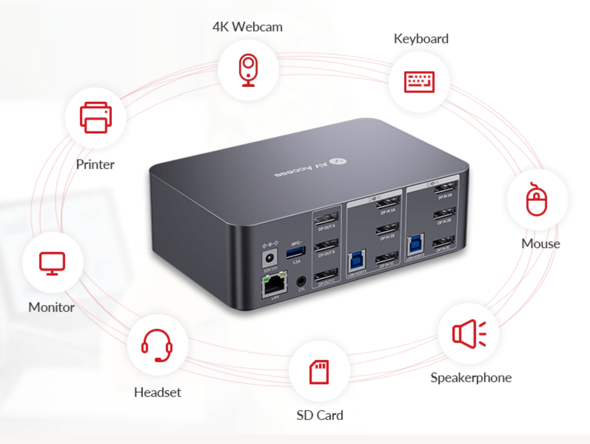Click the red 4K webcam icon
click(x=248, y=70)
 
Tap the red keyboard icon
click(x=419, y=82)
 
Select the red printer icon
click(x=96, y=117)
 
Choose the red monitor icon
click(x=52, y=263)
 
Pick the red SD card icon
click(x=319, y=372)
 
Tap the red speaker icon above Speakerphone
click(x=469, y=334)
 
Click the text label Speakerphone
click(x=471, y=378)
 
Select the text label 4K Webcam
click(x=248, y=27)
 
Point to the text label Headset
click(x=157, y=392)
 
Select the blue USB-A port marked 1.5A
click(x=295, y=252)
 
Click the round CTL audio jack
click(x=301, y=280)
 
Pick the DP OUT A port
click(x=326, y=219)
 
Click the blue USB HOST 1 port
click(x=356, y=261)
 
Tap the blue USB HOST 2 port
click(x=415, y=245)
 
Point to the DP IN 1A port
click(x=388, y=203)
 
